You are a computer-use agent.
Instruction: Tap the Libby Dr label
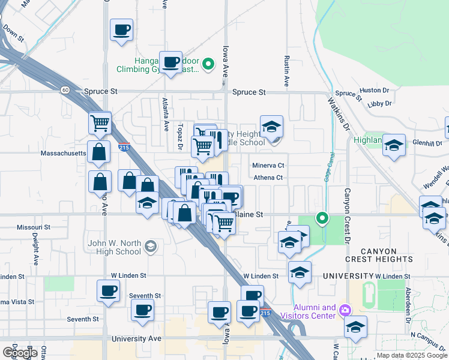pos(379,103)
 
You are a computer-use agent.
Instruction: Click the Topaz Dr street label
pos(179,137)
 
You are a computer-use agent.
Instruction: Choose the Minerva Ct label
pos(268,165)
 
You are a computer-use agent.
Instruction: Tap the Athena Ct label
pos(268,178)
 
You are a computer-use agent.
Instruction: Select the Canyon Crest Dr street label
pos(346,215)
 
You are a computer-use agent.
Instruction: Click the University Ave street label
pos(136,339)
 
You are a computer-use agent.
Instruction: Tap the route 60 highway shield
pos(64,89)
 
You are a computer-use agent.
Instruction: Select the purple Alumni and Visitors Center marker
pos(345,310)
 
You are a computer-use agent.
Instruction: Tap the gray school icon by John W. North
pos(150,246)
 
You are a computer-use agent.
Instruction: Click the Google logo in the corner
pos(20,352)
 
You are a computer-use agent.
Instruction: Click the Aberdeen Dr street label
pos(408,311)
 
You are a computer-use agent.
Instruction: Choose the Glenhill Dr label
pos(427,143)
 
